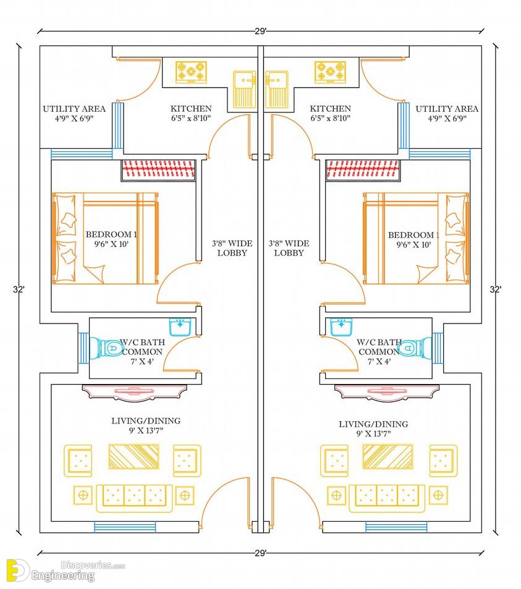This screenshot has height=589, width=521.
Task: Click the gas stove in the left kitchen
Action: (192, 72)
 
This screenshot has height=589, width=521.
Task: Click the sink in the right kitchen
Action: (277, 90)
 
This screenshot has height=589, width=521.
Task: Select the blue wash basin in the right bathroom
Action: (342, 327)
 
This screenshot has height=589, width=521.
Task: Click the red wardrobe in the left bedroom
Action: (159, 170)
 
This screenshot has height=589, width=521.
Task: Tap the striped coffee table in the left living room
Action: (134, 456)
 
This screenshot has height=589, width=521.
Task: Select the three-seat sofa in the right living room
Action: (387, 498)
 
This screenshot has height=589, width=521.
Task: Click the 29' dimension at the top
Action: (261, 31)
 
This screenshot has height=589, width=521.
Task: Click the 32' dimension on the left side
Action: (19, 290)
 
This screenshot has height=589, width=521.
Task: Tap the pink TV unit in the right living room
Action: (387, 391)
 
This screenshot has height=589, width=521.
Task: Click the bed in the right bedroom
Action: (416, 238)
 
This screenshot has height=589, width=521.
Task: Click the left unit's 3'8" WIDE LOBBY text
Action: (232, 248)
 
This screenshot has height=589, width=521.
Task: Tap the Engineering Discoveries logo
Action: (66, 571)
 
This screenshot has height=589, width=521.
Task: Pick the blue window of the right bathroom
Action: (438, 348)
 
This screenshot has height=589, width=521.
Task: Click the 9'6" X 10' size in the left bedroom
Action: (111, 244)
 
